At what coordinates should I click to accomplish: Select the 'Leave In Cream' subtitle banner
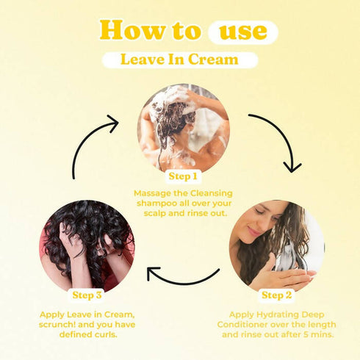coord(179,60)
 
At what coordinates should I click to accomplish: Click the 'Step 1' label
coord(183,176)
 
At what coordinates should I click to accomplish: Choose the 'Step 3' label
coord(88,295)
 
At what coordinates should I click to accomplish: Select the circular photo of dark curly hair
coord(88,246)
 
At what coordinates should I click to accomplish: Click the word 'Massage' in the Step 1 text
coord(152,193)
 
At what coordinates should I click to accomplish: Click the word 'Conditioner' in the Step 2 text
coord(245,324)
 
